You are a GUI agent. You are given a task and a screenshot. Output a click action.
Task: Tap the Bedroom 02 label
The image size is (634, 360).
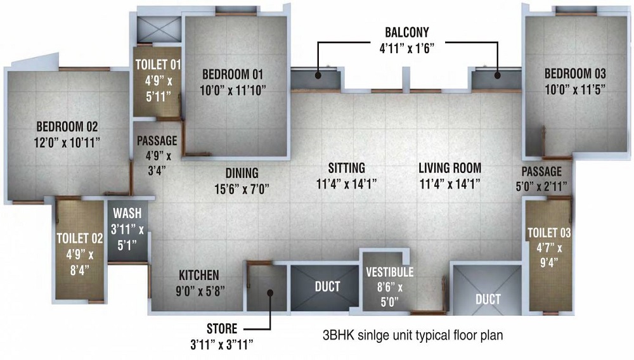[x=67, y=125]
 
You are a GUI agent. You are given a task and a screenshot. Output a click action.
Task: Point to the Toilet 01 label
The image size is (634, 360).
[x=158, y=64]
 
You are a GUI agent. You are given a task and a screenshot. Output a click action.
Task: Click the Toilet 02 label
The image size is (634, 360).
[x=79, y=238]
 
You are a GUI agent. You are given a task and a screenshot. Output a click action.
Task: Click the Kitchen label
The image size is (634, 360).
[x=198, y=275]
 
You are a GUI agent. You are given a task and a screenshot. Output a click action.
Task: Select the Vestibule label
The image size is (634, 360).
[x=389, y=272]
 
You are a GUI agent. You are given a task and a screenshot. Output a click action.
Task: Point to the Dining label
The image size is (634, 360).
[x=242, y=172]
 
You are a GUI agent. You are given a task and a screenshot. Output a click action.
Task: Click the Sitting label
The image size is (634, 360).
[x=347, y=168]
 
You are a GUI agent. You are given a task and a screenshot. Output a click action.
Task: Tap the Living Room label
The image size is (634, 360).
[x=450, y=168]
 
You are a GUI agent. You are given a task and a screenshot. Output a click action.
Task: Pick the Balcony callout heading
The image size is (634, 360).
[x=407, y=32]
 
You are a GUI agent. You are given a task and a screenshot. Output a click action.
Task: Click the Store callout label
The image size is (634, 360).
[x=222, y=329]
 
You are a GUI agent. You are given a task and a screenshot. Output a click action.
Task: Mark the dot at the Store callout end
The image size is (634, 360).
[x=269, y=293]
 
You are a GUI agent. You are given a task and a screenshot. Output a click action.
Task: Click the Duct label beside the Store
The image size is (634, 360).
[x=327, y=286]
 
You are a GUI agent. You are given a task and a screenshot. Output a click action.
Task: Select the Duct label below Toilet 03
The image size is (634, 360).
[x=488, y=299]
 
